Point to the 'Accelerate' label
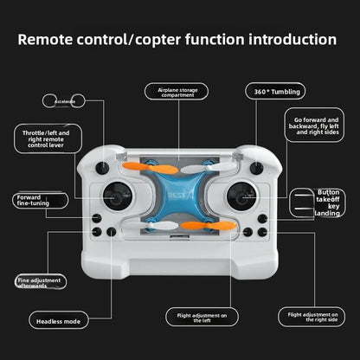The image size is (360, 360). [65, 101]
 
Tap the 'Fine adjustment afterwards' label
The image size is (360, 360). [40, 281]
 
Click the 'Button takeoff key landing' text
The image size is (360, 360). [328, 202]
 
